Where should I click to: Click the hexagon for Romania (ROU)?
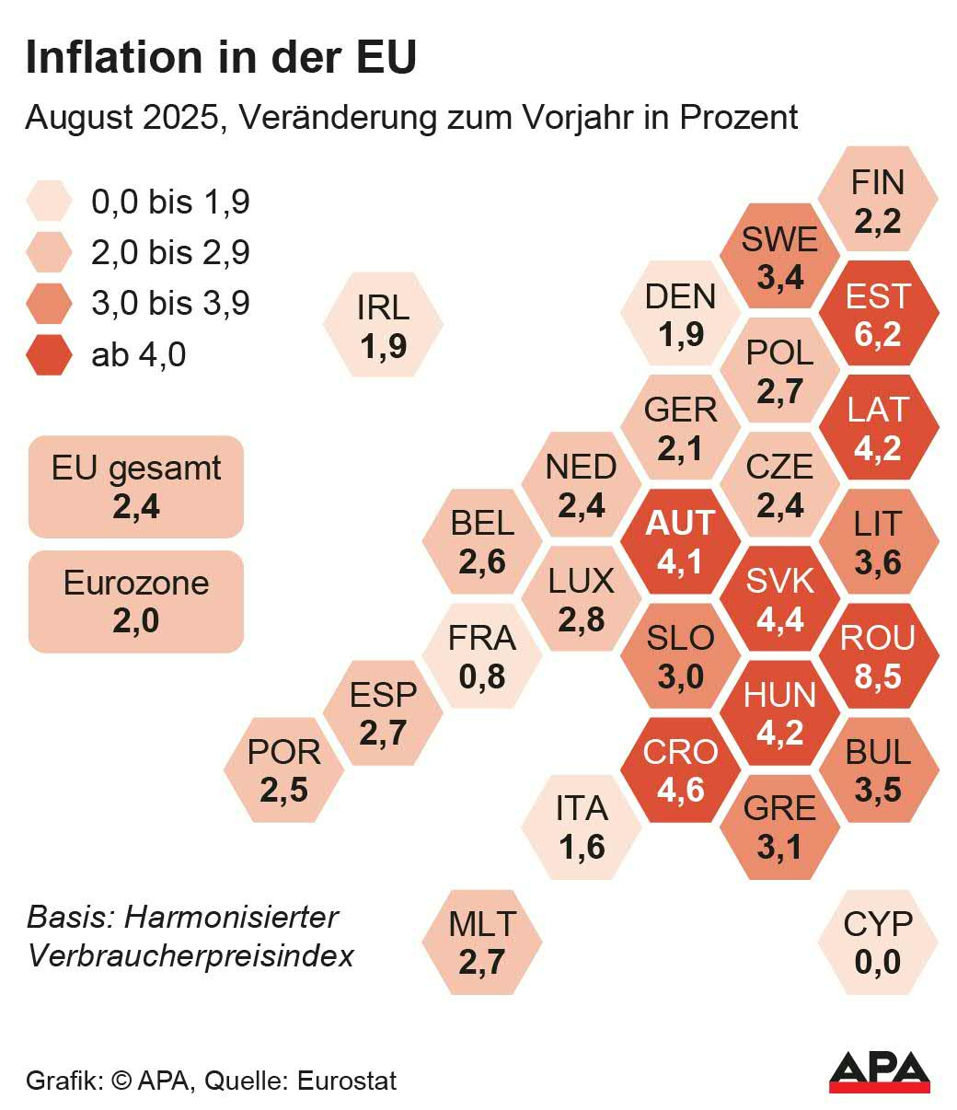point(878,656)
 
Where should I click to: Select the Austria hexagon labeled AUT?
point(680,542)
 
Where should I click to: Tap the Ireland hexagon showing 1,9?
point(383,325)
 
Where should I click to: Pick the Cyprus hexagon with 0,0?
point(878,942)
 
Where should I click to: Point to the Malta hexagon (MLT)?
point(481,942)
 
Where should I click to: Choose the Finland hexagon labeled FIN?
point(878,200)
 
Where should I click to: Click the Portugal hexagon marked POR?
point(283,770)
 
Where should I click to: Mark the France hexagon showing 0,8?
point(481,656)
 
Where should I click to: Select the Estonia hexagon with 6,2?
point(878,314)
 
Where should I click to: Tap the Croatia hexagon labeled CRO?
point(680,770)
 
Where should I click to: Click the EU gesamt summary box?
point(136,487)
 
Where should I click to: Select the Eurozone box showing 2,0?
point(136,602)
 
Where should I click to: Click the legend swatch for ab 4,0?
point(50,354)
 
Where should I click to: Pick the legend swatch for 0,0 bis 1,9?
point(50,202)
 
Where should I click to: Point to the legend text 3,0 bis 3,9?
point(170,303)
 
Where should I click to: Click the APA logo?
point(879,1071)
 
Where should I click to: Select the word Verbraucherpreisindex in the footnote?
point(190,955)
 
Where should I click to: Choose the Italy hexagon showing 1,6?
point(581,827)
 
